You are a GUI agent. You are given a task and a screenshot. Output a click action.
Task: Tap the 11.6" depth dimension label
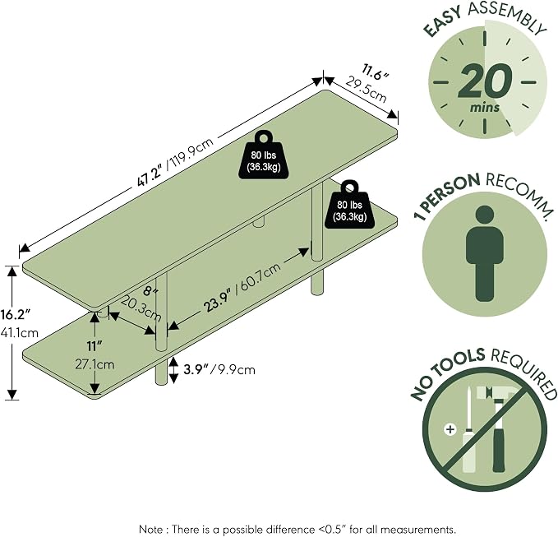[x=376, y=72]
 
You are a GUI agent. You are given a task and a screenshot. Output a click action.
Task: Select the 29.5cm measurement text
[x=366, y=90]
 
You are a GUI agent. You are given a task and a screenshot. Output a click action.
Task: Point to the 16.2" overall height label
[x=15, y=314]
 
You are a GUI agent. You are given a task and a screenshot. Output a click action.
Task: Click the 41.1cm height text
[x=19, y=333]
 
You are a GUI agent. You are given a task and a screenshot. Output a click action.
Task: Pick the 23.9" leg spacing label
[x=218, y=303]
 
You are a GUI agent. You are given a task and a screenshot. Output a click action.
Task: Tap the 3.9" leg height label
[x=196, y=369]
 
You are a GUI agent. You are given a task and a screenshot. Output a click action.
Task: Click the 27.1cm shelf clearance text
[x=95, y=364]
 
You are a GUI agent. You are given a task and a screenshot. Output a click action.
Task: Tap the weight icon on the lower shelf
[x=349, y=204]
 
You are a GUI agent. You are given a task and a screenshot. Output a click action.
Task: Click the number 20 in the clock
[x=485, y=81]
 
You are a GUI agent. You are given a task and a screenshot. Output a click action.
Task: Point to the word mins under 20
[x=484, y=107]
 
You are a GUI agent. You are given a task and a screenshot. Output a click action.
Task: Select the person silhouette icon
[x=485, y=253]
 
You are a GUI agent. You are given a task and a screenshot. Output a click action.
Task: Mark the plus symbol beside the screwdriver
[x=450, y=429]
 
